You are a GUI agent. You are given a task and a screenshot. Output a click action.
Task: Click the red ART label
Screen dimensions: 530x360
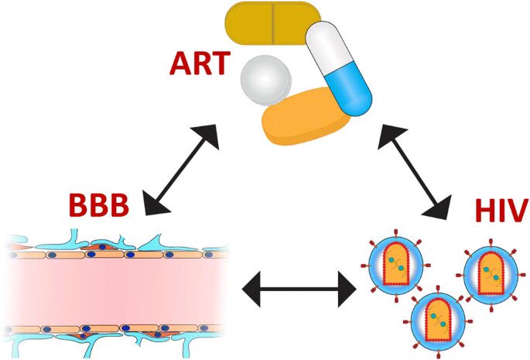(x=200, y=63)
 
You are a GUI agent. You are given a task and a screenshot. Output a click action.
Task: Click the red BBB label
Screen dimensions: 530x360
(x=99, y=204)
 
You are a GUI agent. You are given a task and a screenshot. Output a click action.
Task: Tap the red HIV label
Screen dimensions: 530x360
(x=502, y=210)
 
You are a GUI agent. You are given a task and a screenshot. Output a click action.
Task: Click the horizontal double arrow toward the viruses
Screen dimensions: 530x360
(x=299, y=289)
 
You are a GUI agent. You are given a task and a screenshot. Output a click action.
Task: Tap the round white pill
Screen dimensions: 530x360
(x=265, y=81)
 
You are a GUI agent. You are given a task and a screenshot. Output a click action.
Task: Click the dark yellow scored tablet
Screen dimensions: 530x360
(x=273, y=23)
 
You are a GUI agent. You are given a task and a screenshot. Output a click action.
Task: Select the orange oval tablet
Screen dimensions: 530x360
(x=306, y=115)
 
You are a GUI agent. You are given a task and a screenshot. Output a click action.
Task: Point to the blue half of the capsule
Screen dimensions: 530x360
(x=349, y=89)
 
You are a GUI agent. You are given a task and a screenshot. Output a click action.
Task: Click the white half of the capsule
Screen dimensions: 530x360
(x=329, y=46)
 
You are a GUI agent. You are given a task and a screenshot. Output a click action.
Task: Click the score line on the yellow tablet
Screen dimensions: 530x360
(x=273, y=23)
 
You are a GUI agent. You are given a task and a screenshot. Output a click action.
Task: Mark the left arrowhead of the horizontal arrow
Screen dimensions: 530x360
(x=251, y=289)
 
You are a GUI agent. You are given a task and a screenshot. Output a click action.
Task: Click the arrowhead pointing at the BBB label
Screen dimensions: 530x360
(x=154, y=204)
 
